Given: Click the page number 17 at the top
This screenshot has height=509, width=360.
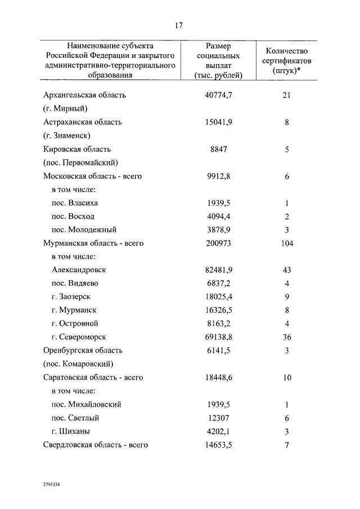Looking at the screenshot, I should pos(179,25).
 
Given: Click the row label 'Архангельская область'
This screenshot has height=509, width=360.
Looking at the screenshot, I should pos(84,95).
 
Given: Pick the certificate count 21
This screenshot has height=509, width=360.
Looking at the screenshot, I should pos(286,95).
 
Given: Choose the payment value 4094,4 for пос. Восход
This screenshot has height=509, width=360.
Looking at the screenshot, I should pos(219,217).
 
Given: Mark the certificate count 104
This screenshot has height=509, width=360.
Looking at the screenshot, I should pos(286,244).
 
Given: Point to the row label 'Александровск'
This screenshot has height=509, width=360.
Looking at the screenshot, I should pos(79,269).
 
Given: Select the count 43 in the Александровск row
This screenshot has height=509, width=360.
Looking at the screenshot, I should pos(286,269).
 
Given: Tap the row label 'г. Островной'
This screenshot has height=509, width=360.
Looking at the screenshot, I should pos(75,323).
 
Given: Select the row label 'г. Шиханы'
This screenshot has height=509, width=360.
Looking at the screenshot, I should pos(71,431).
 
